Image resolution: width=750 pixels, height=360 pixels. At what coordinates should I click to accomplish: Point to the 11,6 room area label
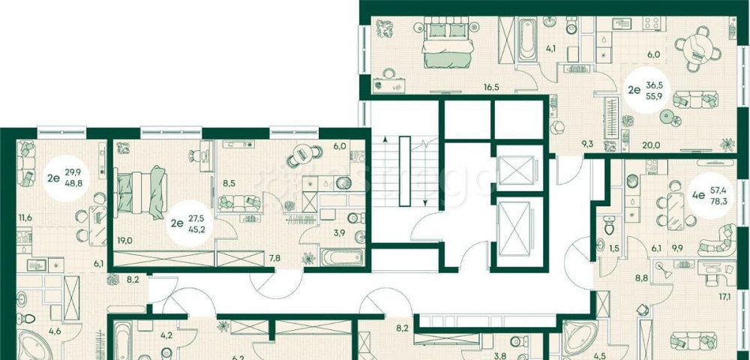click(x=25, y=218)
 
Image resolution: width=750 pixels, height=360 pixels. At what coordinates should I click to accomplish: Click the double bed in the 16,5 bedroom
click(x=447, y=44)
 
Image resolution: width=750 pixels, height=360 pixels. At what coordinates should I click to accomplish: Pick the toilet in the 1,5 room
click(x=609, y=225)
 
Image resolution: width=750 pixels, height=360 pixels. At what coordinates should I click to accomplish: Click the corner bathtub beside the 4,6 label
click(x=34, y=344)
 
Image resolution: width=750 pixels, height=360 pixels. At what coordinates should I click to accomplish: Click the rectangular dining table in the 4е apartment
click(x=676, y=211)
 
